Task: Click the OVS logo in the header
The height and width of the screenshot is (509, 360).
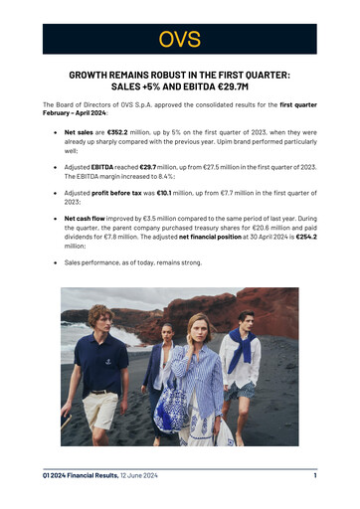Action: coord(180,39)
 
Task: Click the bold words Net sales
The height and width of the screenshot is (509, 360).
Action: coord(83,130)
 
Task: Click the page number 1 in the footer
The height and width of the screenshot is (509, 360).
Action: coord(313,476)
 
